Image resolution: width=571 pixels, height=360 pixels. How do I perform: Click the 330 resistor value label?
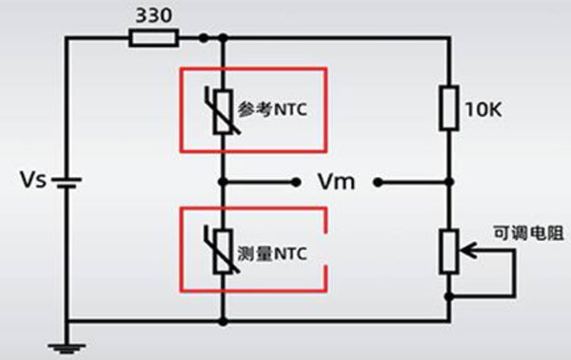pos(153,15)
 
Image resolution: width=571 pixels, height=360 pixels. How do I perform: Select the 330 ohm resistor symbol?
pos(154,38)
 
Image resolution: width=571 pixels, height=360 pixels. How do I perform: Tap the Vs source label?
pos(33,180)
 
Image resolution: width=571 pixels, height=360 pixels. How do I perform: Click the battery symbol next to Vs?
pos(67,183)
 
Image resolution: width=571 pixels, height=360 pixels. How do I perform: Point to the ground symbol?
pos(67,348)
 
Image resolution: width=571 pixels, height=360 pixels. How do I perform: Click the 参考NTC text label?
pos(272,109)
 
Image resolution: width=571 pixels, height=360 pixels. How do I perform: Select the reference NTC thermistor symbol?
pos(222,111)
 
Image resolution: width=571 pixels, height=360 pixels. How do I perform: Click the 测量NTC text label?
pos(272,253)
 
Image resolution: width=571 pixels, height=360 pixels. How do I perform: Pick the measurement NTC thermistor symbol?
pos(222,250)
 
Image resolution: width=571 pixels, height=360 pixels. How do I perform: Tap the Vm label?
pos(337,182)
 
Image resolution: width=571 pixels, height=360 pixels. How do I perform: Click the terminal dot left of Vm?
pos(296,182)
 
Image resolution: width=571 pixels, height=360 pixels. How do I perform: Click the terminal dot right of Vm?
pos(379,182)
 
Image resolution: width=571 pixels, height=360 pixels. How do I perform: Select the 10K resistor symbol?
pos(449,109)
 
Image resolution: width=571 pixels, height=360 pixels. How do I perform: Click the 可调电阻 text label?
pos(529,232)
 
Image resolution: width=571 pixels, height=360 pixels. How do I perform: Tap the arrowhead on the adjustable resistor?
pos(467,250)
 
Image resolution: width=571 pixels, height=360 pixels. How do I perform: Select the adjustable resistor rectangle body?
pos(449,251)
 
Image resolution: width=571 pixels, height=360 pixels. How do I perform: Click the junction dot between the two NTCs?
pos(223,182)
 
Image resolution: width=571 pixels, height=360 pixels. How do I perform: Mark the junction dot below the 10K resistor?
pos(450,182)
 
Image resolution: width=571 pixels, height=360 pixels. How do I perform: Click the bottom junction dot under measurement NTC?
pos(223,321)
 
